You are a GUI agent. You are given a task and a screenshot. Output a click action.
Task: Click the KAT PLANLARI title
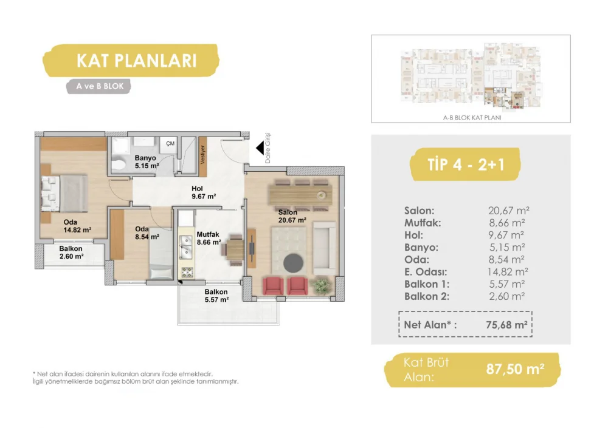pos(136,61)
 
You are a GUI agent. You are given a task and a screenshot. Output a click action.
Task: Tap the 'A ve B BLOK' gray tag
pos(99,86)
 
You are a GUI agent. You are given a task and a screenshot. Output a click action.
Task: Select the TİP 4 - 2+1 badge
pos(466,165)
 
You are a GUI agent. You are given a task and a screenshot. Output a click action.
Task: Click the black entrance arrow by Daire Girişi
pos(260,148)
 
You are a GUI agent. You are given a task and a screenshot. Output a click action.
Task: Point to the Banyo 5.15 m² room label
pos(147,162)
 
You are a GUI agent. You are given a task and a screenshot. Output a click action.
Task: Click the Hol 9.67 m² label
pos(204,192)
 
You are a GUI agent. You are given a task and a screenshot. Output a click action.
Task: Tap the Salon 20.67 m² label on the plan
pos(292,216)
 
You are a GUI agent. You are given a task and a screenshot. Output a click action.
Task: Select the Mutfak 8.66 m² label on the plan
pos(209,238)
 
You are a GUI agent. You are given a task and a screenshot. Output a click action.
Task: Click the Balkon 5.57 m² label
pos(216,296)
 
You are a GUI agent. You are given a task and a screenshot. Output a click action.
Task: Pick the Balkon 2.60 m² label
pos(71,252)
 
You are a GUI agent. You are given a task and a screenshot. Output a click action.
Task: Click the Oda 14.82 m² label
pos(77,226)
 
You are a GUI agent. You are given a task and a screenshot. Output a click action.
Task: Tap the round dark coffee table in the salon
pos(293,263)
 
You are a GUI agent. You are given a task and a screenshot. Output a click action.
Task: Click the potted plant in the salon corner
pos(321,286)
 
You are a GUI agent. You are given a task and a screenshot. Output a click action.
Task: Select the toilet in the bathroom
pos(119,165)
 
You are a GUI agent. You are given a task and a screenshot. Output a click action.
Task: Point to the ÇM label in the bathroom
pos(170,143)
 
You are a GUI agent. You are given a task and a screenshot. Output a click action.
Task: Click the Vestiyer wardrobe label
pos(202,155)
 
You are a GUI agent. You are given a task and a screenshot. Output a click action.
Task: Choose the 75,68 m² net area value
pos(506,325)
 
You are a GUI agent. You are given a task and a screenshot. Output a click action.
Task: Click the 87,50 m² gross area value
pos(515,369)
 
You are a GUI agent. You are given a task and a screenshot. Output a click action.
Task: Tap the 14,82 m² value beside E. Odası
pos(508,271)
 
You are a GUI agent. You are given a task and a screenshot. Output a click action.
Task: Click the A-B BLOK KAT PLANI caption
pos(472,117)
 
